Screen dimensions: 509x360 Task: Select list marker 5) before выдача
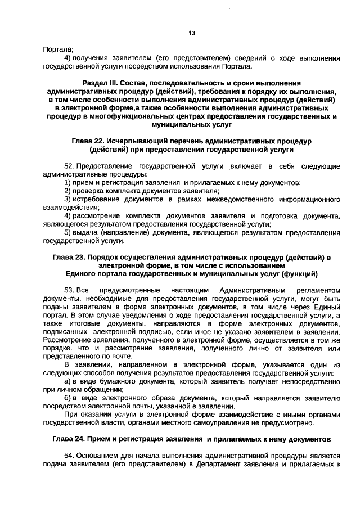click(x=67, y=232)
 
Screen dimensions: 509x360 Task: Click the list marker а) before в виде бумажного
click(x=67, y=381)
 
